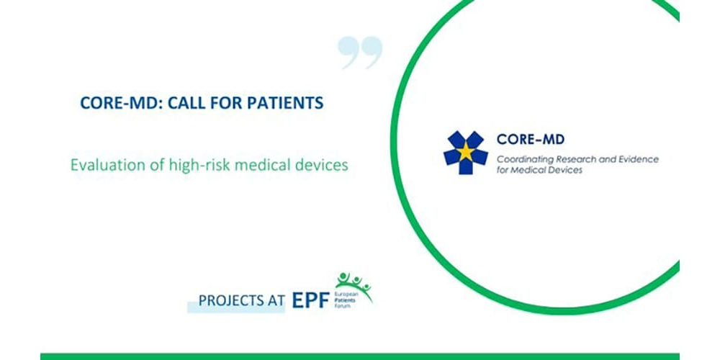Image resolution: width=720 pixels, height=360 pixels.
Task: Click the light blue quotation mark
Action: [x=360, y=53]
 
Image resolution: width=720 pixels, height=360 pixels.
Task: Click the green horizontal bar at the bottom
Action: [x=360, y=356]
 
